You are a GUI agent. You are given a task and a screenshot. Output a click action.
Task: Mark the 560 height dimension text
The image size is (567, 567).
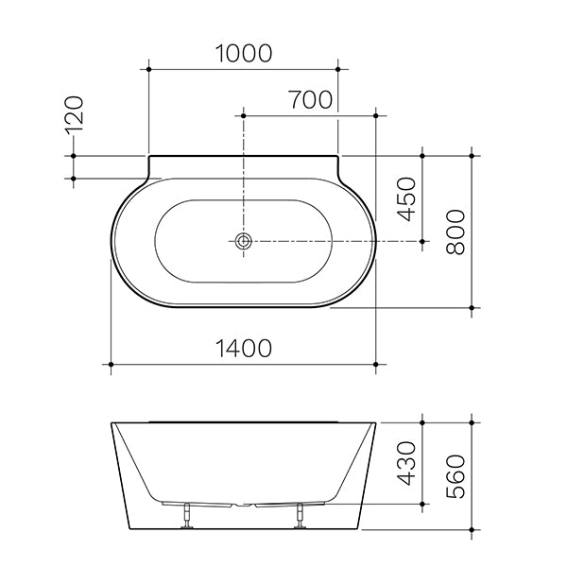tap(456, 474)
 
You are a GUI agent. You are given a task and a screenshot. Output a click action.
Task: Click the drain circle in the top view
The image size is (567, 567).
tap(244, 241)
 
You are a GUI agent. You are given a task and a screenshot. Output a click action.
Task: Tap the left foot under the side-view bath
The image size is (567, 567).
tap(188, 514)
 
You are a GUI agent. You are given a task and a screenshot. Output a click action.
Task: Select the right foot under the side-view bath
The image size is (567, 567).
tap(301, 514)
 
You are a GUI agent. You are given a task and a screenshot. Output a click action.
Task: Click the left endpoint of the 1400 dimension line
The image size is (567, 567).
tap(112, 364)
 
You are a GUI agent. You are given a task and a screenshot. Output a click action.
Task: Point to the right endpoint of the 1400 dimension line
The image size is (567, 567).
tap(376, 364)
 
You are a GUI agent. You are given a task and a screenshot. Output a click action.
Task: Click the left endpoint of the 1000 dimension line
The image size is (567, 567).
tap(149, 68)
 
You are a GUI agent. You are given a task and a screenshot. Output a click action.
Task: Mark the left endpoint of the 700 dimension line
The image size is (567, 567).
tap(244, 116)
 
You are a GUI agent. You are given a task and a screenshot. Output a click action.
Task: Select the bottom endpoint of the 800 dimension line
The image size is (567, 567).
tap(471, 307)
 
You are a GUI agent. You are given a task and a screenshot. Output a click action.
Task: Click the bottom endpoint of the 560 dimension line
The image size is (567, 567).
tap(471, 527)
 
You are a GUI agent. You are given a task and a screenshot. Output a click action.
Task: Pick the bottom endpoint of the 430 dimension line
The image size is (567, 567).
tap(421, 503)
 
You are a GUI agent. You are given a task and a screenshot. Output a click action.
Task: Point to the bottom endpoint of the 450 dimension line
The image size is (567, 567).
tap(421, 241)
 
